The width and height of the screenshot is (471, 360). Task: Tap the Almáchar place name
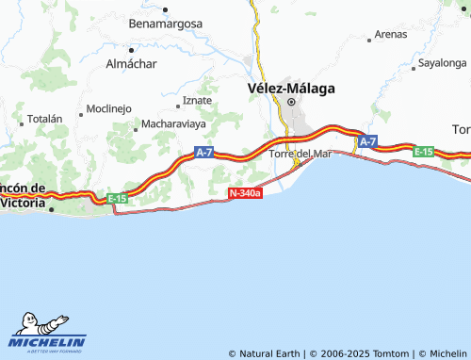(131, 64)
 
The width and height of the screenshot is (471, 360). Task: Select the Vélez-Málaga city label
(291, 88)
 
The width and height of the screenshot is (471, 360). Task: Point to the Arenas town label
(390, 34)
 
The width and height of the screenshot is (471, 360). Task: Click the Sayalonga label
(443, 64)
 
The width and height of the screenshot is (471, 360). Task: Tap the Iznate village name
(197, 100)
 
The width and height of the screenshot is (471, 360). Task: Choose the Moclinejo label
(108, 108)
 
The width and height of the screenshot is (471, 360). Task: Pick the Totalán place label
(44, 120)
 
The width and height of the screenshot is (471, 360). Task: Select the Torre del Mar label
(300, 154)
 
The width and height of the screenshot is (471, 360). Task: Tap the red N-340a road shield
(244, 193)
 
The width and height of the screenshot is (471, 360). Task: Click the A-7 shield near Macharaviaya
(204, 152)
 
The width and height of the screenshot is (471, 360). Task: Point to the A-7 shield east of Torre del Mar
(366, 141)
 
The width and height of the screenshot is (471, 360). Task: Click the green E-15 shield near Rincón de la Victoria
(117, 198)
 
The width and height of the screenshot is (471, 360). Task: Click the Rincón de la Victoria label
(23, 195)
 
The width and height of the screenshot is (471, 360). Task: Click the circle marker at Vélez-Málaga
(291, 102)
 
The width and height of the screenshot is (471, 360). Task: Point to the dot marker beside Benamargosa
(165, 9)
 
